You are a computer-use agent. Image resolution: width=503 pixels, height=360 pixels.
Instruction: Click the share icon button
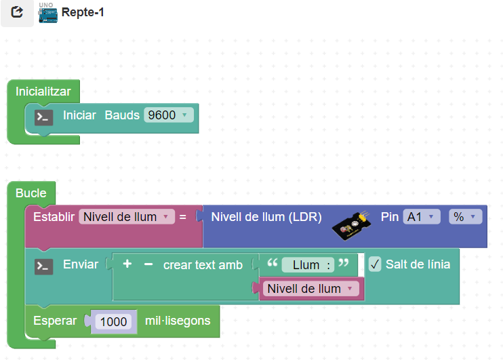coord(17,13)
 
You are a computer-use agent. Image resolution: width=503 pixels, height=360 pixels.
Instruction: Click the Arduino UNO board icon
coord(47,13)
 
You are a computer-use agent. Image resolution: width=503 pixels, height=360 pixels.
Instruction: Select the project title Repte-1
coord(83,13)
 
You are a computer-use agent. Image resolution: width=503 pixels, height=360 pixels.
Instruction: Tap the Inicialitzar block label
coord(43,91)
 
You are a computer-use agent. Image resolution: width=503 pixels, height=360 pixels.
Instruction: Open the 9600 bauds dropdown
coord(168,115)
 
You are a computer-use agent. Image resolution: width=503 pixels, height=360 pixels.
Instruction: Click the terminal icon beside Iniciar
coord(44,117)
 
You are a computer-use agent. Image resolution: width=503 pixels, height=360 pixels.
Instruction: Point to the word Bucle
coord(31,193)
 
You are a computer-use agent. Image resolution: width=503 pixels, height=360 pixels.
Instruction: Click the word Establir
coord(54,218)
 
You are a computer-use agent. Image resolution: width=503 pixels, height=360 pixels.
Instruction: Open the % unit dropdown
coord(465,217)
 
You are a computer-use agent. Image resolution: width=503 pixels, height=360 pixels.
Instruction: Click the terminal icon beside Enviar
coord(44,266)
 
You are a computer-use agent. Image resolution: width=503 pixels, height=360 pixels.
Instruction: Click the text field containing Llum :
coord(307,265)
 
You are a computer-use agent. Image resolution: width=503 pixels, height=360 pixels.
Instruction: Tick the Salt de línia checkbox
coord(376,264)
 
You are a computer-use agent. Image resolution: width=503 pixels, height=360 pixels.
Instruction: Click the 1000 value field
coord(113,321)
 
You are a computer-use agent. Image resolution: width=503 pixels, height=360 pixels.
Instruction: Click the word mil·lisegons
coord(178,321)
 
